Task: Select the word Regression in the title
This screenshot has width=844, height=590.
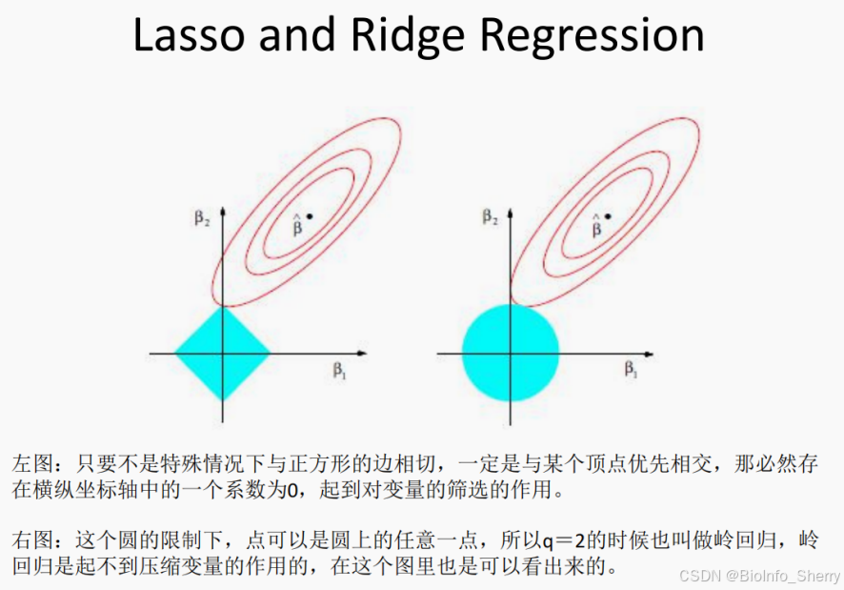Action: click(591, 36)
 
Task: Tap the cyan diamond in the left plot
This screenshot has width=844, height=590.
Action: click(222, 353)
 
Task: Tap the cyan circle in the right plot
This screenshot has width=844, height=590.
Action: click(510, 353)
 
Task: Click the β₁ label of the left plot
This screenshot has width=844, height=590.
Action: click(340, 371)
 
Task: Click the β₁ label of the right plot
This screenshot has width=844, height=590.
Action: click(631, 371)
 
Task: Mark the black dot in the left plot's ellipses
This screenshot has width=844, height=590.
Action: click(310, 217)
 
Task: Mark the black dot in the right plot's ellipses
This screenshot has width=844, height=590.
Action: click(608, 217)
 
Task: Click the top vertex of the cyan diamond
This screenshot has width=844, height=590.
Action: click(222, 307)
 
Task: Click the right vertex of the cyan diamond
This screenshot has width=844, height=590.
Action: click(270, 353)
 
